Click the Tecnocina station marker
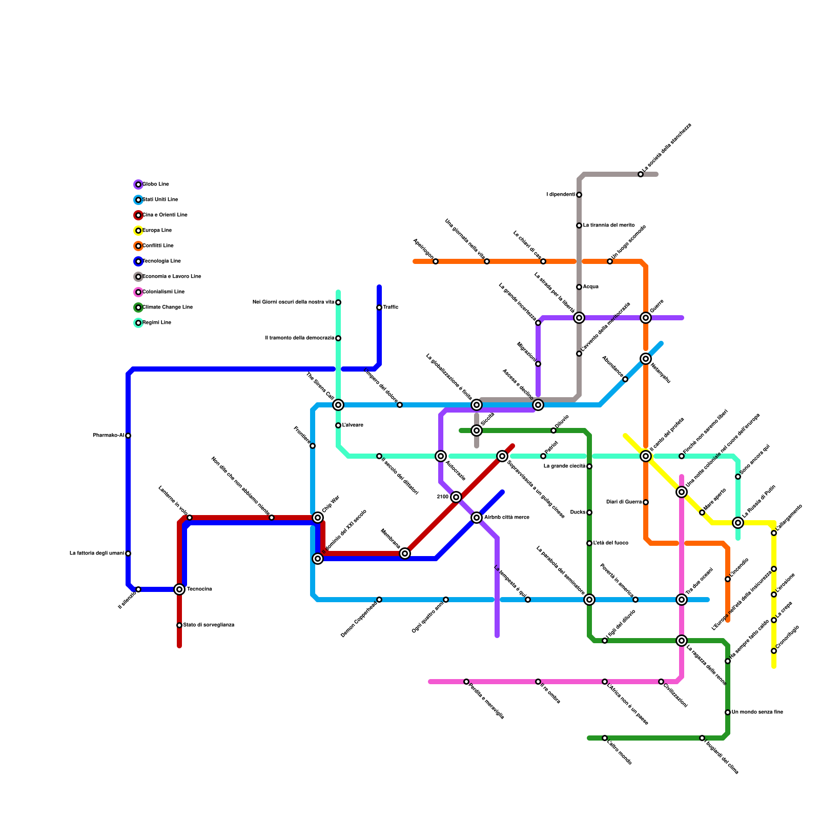coord(179,589)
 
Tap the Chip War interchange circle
coord(318,518)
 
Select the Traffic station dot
coord(379,307)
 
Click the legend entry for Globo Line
coord(155,184)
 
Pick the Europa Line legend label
coord(157,231)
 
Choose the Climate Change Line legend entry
coord(167,307)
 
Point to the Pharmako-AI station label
coord(108,436)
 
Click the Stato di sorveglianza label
coord(209,625)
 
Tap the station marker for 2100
coord(456,497)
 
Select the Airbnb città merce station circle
coord(477,518)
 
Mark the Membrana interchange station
coord(405,553)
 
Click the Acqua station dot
coord(579,287)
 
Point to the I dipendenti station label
coord(561,195)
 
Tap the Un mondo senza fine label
coord(757,712)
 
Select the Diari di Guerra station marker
coord(646,502)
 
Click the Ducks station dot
coord(589,512)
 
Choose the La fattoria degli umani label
coord(97,553)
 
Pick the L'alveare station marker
coord(338,425)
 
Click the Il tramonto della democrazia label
coord(300,338)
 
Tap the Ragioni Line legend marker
coord(138,323)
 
